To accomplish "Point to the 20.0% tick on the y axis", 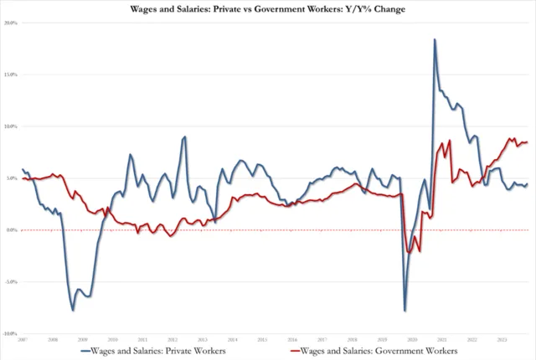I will [x=11, y=23].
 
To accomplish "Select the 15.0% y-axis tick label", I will [x=11, y=75].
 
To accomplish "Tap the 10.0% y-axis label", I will [x=11, y=126].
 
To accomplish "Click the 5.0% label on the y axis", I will [x=12, y=178].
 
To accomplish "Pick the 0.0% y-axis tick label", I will [x=12, y=230].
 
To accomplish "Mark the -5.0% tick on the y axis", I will [x=11, y=282].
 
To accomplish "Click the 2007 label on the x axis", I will [x=23, y=339].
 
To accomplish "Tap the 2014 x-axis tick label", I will [x=232, y=339].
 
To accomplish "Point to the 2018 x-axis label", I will [x=352, y=339].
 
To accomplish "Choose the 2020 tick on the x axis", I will [x=412, y=339].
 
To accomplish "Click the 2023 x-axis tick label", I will [x=502, y=339].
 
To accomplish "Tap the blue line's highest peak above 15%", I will [x=435, y=39].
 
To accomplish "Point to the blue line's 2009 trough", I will [x=73, y=311].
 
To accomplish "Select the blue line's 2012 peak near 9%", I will [x=184, y=136].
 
